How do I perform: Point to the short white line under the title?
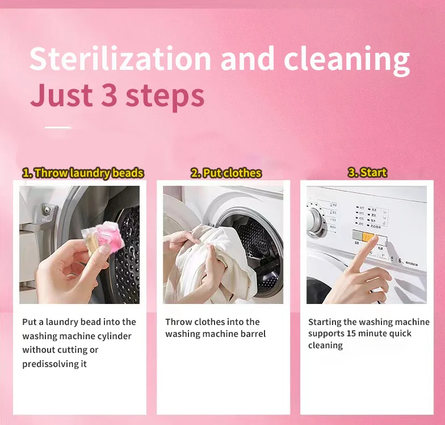tap(58, 127)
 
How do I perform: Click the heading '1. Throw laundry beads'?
tap(83, 173)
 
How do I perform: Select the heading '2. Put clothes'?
tap(226, 173)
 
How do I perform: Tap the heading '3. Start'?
tap(367, 172)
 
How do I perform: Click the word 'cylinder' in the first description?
tap(114, 336)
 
